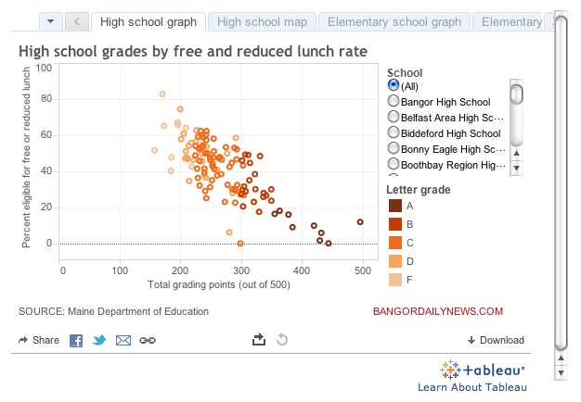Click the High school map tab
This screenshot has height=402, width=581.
tap(262, 22)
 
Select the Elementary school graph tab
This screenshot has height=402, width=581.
tap(394, 22)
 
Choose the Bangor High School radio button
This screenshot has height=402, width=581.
tap(394, 101)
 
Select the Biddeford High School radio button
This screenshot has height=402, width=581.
tap(394, 132)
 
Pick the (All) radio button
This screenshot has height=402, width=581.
tap(394, 85)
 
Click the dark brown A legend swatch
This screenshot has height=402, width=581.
tap(395, 206)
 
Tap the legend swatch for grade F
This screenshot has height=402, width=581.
tap(395, 280)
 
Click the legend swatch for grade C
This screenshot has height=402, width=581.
tap(395, 243)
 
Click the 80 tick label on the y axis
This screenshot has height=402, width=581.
tap(46, 99)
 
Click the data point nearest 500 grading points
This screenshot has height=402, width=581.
tap(360, 222)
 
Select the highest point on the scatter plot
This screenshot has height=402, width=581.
tap(162, 94)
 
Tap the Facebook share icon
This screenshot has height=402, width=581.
tap(76, 340)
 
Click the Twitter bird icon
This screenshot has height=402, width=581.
tap(99, 340)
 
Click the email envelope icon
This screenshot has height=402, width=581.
tap(123, 340)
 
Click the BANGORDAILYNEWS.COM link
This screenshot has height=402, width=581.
tap(438, 311)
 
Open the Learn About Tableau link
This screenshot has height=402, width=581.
tap(472, 387)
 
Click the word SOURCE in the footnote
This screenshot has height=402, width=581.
tap(42, 311)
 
